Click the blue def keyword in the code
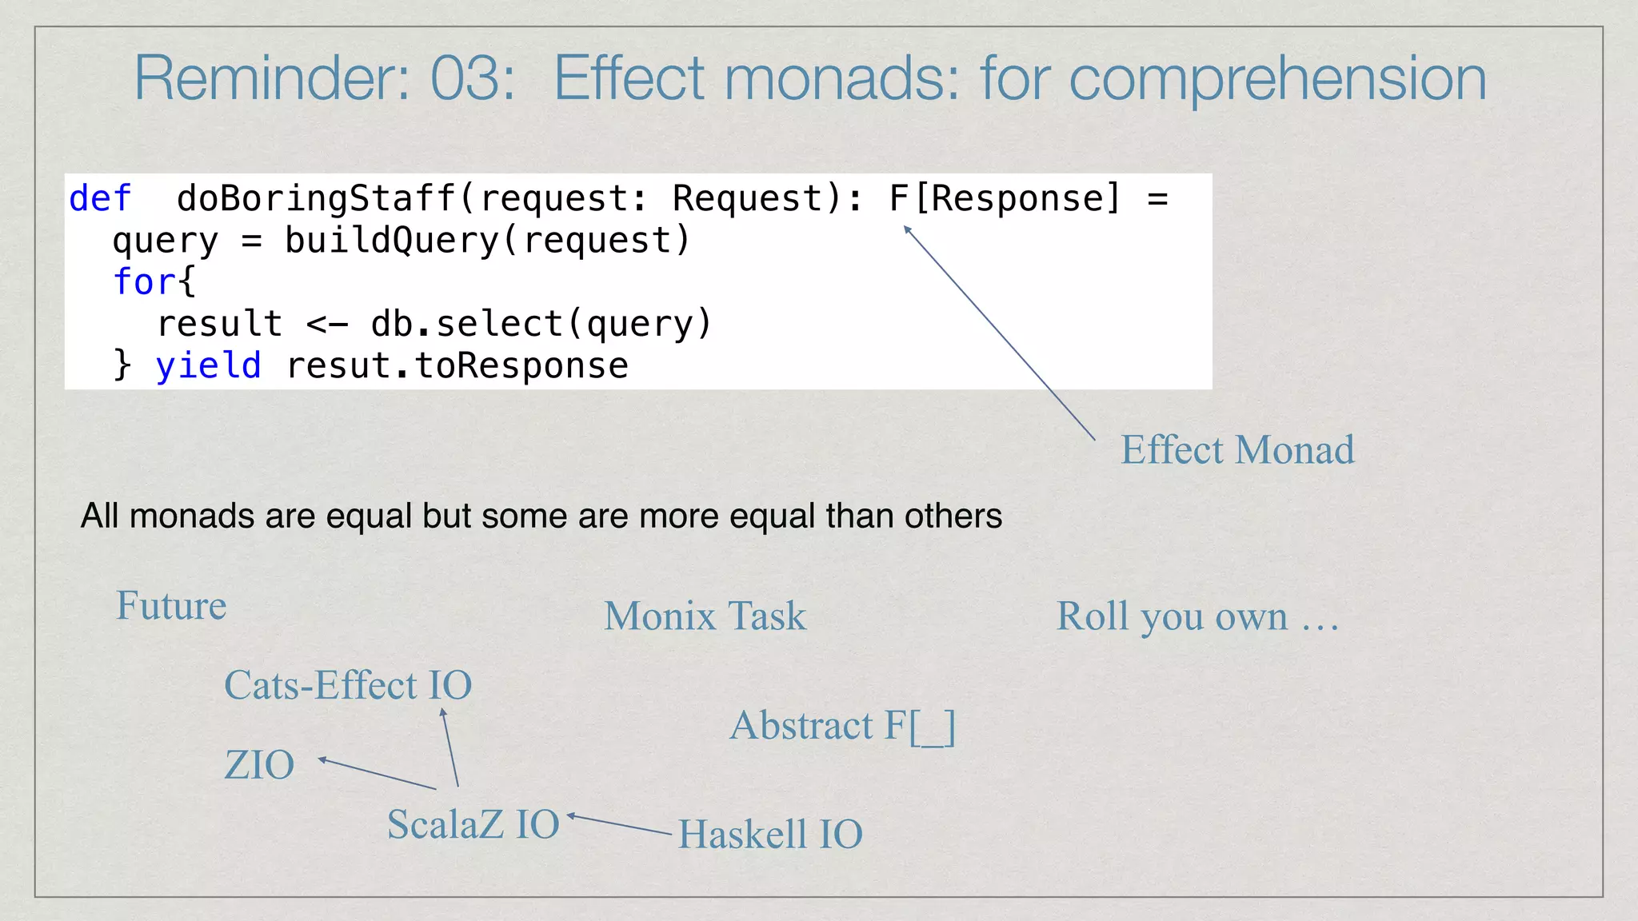[x=100, y=198]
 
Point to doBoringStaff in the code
[x=315, y=198]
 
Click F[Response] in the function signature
[x=1005, y=198]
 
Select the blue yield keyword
[x=208, y=365]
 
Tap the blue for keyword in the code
[x=144, y=282]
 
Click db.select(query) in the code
[x=541, y=324]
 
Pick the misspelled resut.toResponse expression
[x=457, y=365]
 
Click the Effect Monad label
[x=1237, y=449]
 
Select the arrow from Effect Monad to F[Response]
[x=999, y=333]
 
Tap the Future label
[x=171, y=605]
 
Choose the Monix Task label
[x=705, y=616]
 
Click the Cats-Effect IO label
[x=348, y=685]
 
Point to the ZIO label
[x=259, y=765]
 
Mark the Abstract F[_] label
[x=842, y=726]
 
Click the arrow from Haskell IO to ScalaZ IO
[x=620, y=824]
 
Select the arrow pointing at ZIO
[x=377, y=773]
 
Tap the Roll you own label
[x=1197, y=616]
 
